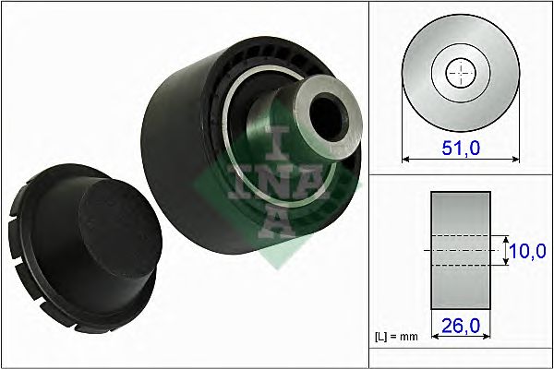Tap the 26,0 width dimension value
point(461,327)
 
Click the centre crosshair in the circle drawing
point(460,72)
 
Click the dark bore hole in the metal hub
point(328,109)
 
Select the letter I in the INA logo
point(277,140)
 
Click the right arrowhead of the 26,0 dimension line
point(487,338)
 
